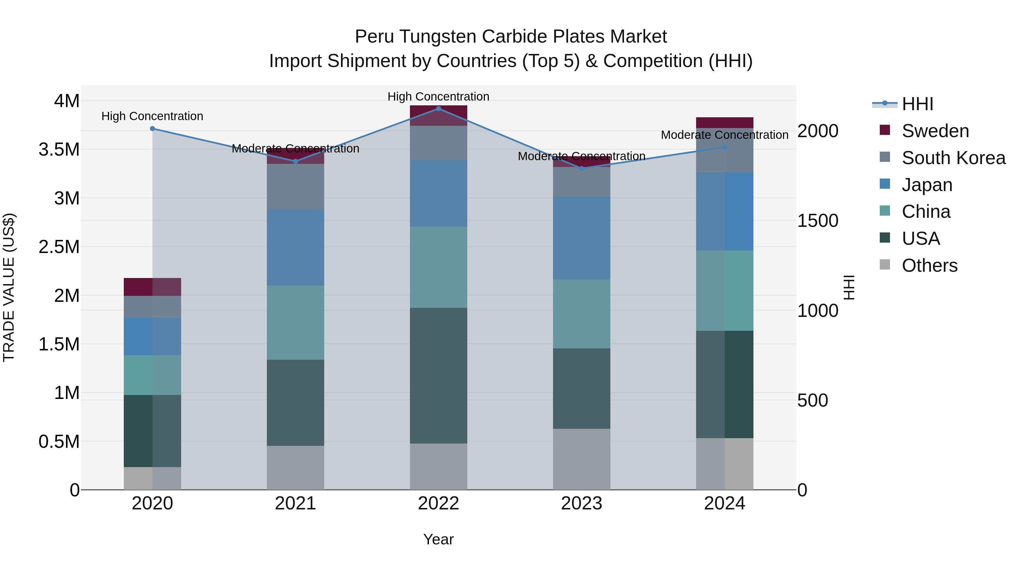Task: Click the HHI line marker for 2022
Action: click(438, 108)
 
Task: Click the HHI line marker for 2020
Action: click(152, 129)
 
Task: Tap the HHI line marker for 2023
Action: click(582, 168)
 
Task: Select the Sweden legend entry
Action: click(935, 131)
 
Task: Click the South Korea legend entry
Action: click(953, 158)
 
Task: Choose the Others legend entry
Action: click(929, 265)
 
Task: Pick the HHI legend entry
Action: click(917, 104)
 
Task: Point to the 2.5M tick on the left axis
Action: click(59, 247)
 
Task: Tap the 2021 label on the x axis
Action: click(295, 503)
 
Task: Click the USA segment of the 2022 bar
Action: click(438, 375)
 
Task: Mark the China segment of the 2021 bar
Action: click(295, 322)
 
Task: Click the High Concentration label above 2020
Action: click(152, 116)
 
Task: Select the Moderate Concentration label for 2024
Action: click(724, 135)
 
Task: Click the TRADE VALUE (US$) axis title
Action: click(9, 287)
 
